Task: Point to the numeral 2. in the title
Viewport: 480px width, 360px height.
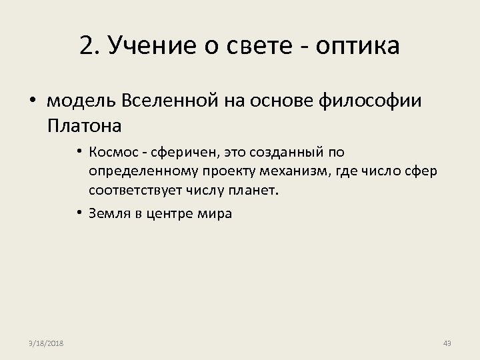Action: (89, 46)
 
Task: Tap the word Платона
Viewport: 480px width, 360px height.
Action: (85, 125)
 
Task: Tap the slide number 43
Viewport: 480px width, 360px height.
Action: (447, 343)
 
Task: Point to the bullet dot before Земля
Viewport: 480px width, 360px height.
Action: (79, 214)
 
